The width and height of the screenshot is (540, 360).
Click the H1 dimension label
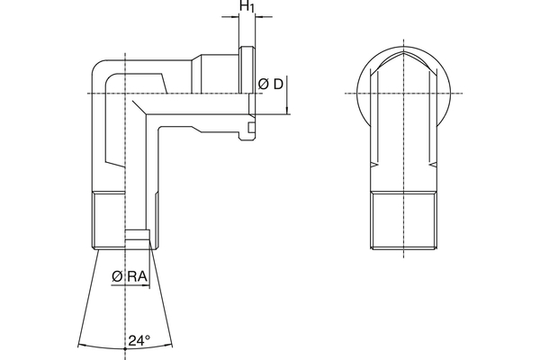coord(247,6)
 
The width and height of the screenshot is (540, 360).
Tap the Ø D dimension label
coord(270,84)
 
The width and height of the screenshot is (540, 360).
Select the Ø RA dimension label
coord(130,276)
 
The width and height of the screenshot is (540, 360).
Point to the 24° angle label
coord(139,340)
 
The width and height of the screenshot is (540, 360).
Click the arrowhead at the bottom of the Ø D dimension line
coord(286,110)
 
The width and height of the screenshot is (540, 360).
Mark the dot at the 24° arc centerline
coord(125,349)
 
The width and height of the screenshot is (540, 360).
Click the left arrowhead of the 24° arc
coord(82,345)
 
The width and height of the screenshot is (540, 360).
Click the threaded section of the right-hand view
coord(403,220)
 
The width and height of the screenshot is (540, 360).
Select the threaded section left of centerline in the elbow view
coord(109,220)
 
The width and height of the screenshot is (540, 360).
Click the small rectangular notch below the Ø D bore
coord(251,128)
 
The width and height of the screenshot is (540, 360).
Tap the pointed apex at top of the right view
coord(403,53)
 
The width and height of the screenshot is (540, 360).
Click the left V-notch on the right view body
coord(374,165)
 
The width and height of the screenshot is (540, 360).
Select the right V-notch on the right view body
coord(433,165)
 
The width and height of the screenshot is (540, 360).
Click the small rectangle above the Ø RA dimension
coord(137,234)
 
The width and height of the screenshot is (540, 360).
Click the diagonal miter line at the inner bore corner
coord(139,108)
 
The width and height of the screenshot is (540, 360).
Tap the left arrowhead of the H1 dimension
coord(235,16)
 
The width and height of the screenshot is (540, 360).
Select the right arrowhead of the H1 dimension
coord(259,16)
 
